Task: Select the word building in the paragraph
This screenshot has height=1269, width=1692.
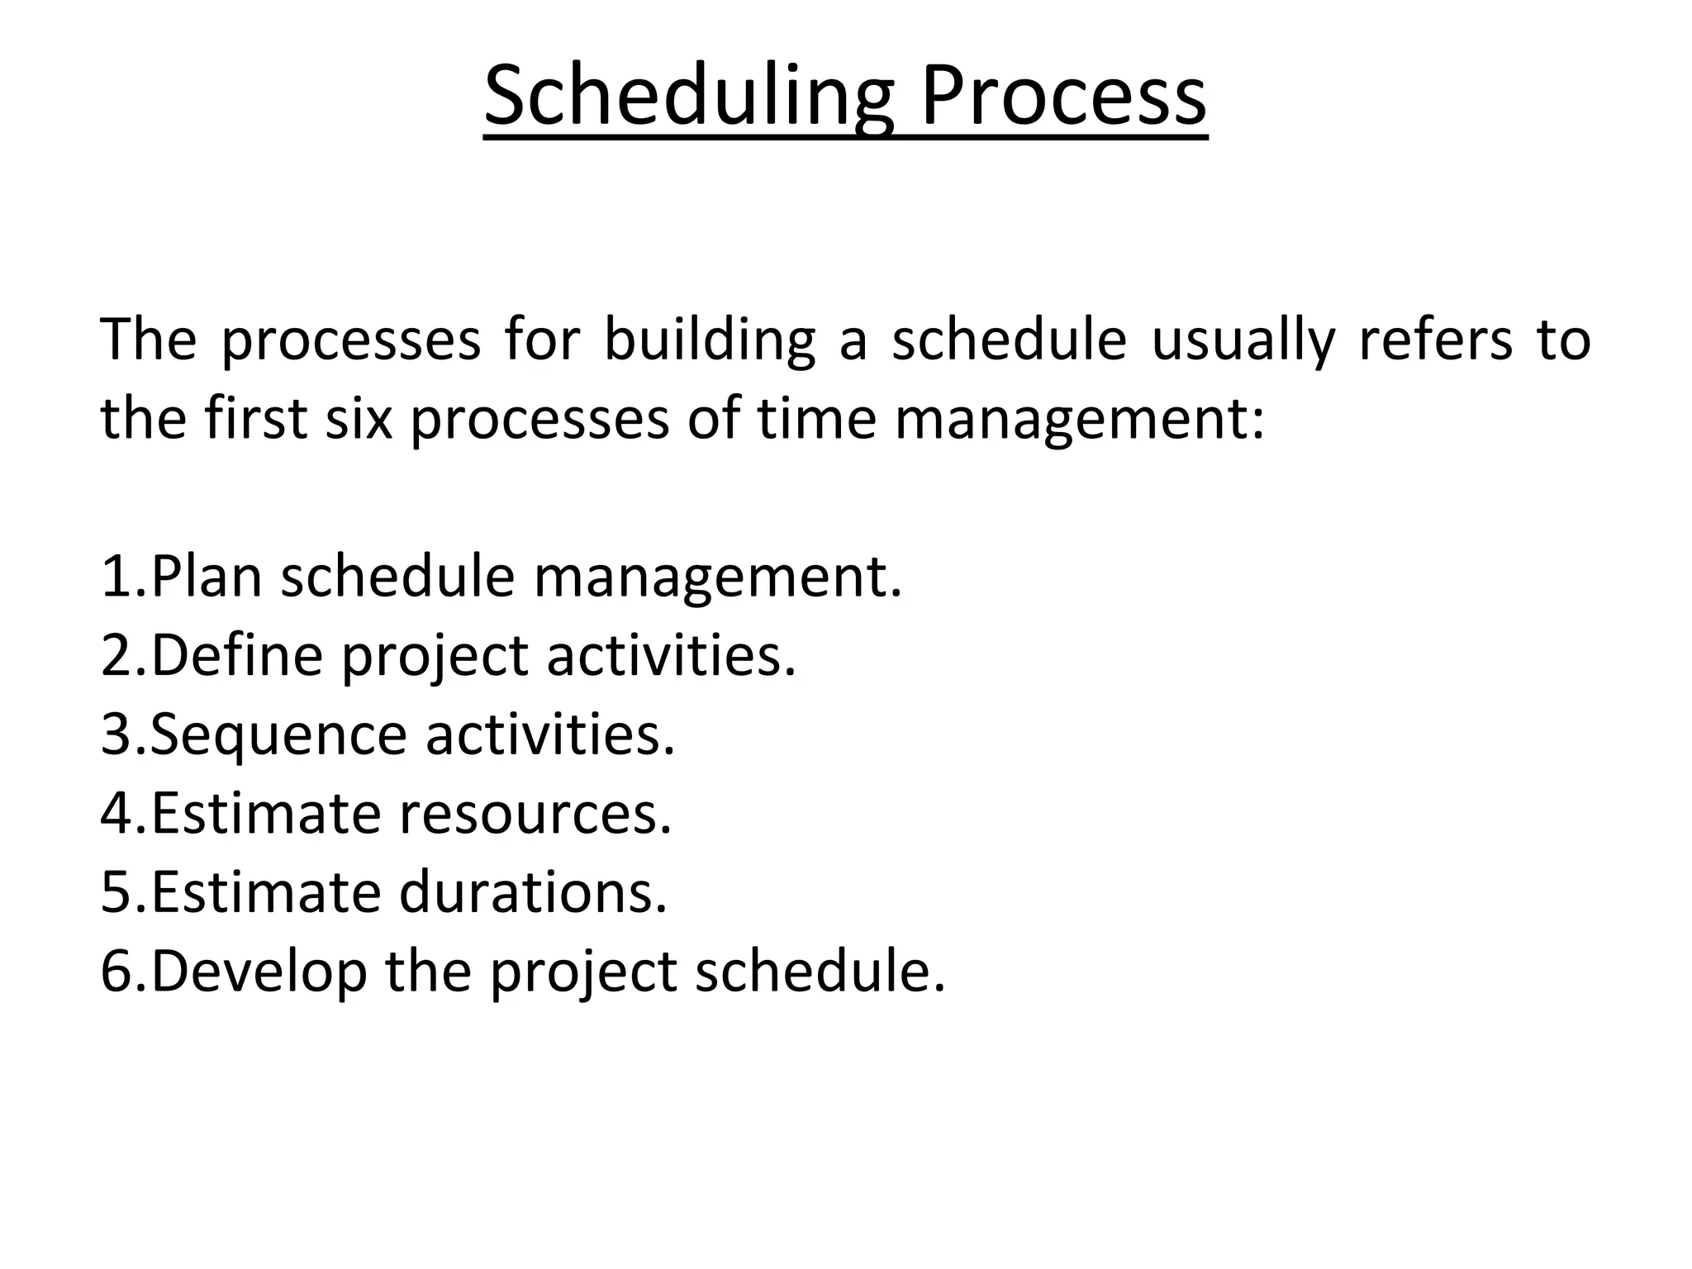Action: pyautogui.click(x=709, y=340)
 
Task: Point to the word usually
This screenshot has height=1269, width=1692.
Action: pyautogui.click(x=1243, y=340)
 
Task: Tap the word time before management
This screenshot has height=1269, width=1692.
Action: pyautogui.click(x=816, y=417)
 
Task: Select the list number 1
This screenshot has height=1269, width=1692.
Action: pyautogui.click(x=116, y=576)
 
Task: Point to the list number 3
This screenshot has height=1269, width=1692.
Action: pyautogui.click(x=116, y=734)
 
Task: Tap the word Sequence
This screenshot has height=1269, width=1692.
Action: pyautogui.click(x=278, y=734)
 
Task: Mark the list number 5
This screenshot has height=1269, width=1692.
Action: pyautogui.click(x=116, y=892)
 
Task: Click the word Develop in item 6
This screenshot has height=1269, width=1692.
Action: pyautogui.click(x=259, y=972)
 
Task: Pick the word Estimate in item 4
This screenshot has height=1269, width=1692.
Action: pyautogui.click(x=264, y=814)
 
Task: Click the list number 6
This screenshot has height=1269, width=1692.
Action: pyautogui.click(x=116, y=972)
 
